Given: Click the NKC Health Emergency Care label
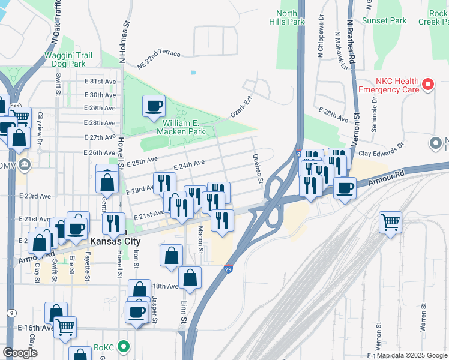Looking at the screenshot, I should pyautogui.click(x=388, y=85).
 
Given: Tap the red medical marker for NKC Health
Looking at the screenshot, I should pyautogui.click(x=428, y=85).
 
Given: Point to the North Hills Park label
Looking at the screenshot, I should pyautogui.click(x=288, y=17).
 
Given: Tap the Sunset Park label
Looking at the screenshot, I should pyautogui.click(x=384, y=20).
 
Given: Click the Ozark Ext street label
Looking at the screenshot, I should pyautogui.click(x=240, y=106).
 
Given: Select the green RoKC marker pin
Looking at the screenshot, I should pyautogui.click(x=124, y=346).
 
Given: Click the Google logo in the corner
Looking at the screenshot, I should pyautogui.click(x=21, y=353).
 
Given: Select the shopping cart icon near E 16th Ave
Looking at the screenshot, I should pyautogui.click(x=65, y=327).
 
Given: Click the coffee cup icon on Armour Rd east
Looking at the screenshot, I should pyautogui.click(x=345, y=188).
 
